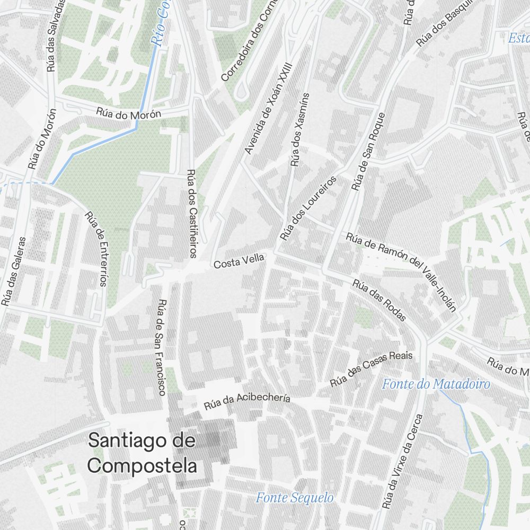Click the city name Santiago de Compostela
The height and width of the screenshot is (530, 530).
click(142, 453)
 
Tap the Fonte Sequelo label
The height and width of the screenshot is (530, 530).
click(295, 498)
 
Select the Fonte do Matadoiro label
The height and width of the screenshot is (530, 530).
click(436, 384)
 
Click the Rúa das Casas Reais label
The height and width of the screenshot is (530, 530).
click(371, 368)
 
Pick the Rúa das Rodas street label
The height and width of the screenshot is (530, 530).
click(379, 301)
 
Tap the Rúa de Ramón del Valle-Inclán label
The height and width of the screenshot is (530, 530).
click(401, 270)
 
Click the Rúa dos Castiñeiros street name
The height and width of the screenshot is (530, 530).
click(192, 213)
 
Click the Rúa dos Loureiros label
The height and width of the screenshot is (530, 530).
click(308, 208)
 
